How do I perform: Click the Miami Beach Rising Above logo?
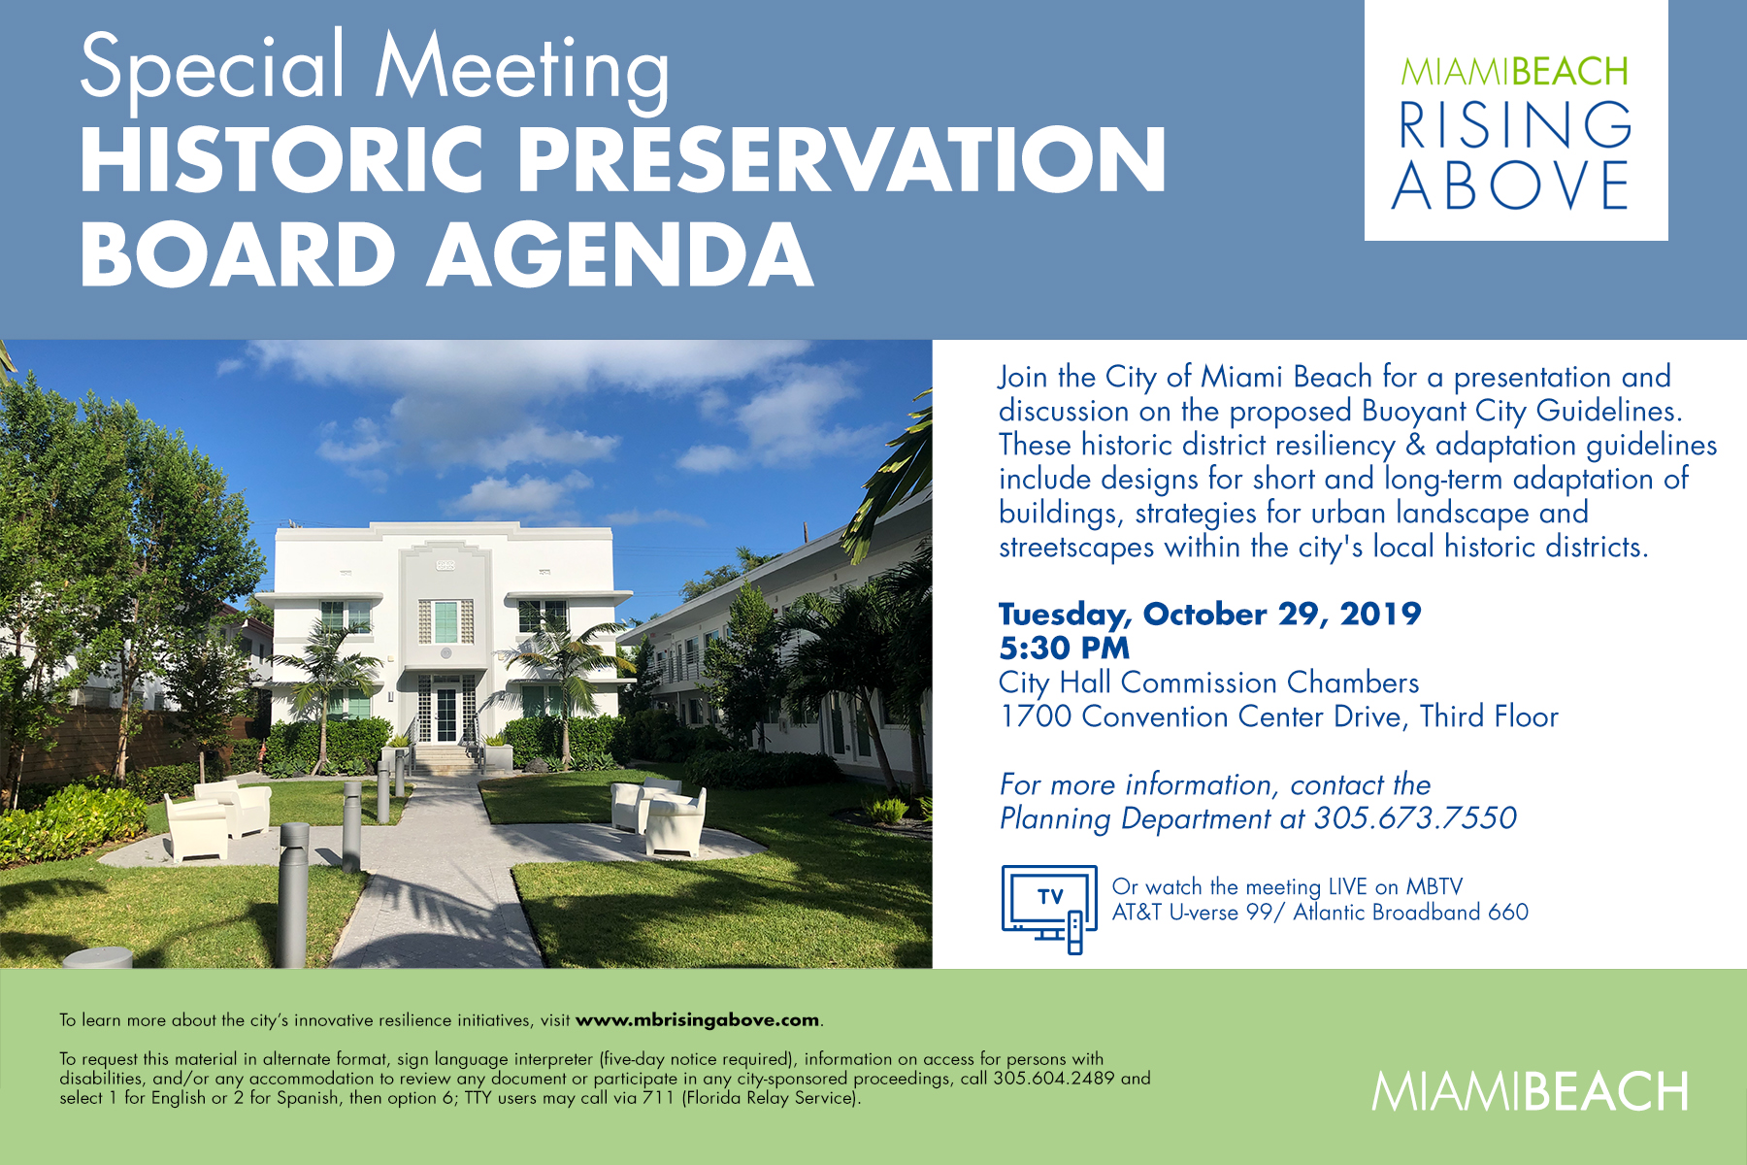point(1515,120)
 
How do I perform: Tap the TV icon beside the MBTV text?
point(1049,909)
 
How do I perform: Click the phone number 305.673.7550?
point(1415,818)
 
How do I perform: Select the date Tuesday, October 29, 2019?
point(1210,615)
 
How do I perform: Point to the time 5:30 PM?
point(1065,649)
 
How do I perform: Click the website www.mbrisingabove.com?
point(698,1020)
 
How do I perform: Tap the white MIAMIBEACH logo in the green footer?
point(1530,1092)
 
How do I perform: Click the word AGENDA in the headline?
point(621,254)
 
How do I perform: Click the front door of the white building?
point(445,713)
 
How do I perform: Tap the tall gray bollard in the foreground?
point(293,894)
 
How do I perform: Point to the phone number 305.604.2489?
point(1054,1079)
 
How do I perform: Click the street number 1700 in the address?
point(1036,716)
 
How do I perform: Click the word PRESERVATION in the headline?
point(841,159)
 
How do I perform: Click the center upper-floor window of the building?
point(445,621)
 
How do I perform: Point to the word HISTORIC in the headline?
point(281,159)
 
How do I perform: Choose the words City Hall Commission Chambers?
point(1209,682)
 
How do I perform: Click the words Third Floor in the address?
point(1490,716)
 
